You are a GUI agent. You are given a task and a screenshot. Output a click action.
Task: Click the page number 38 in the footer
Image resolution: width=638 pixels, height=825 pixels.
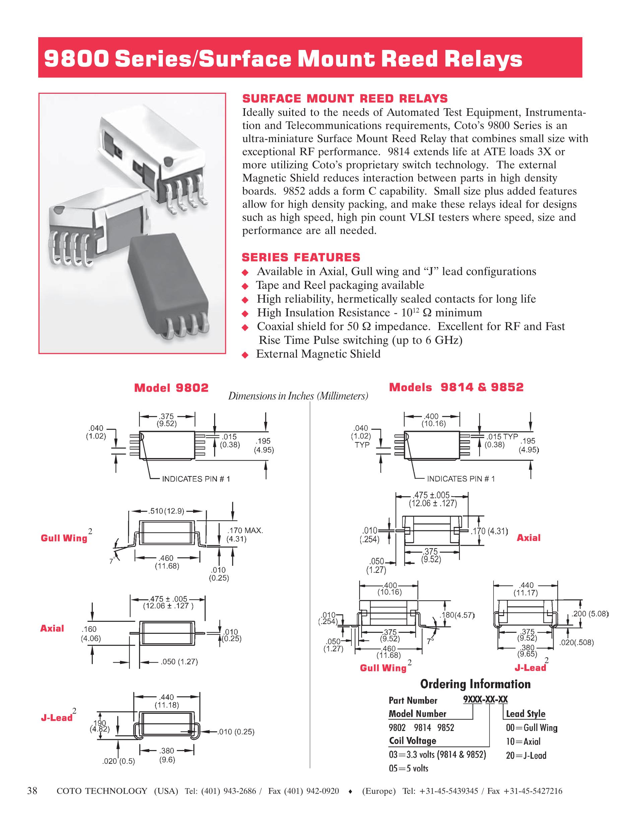coord(33,791)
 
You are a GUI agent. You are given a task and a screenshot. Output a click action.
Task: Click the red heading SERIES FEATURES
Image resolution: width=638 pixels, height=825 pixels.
coord(301,257)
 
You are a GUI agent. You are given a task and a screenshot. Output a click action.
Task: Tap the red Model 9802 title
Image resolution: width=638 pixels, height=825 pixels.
coord(171,388)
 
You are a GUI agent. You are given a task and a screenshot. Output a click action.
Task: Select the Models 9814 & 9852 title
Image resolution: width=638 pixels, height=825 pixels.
coord(456,387)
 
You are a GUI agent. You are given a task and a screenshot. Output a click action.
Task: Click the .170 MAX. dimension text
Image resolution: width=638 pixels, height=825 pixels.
coord(245,530)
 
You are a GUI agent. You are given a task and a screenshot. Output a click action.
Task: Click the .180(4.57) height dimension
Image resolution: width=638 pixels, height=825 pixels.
coord(457,615)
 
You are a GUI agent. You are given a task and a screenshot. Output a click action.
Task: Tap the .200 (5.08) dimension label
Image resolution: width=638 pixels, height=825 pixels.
coord(589,614)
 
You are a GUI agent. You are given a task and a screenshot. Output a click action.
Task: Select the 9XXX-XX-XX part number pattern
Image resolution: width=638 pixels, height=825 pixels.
coord(485,699)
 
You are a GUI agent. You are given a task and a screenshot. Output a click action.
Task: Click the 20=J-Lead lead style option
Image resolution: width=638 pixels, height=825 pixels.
coord(526,755)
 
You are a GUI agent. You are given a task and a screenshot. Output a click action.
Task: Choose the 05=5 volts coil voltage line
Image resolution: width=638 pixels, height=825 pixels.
coord(408,768)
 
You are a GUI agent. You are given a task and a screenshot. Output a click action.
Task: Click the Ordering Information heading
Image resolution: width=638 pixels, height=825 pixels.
coord(475,684)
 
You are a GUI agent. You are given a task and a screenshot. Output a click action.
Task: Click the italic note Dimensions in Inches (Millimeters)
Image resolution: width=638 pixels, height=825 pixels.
coord(298,396)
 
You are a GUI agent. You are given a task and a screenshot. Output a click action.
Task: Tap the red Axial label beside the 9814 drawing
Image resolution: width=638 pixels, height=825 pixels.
coord(528,537)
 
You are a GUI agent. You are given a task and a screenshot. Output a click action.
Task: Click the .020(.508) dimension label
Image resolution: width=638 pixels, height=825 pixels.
coord(576,642)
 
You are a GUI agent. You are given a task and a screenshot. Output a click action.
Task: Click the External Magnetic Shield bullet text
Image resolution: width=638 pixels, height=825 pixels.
coord(318,354)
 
